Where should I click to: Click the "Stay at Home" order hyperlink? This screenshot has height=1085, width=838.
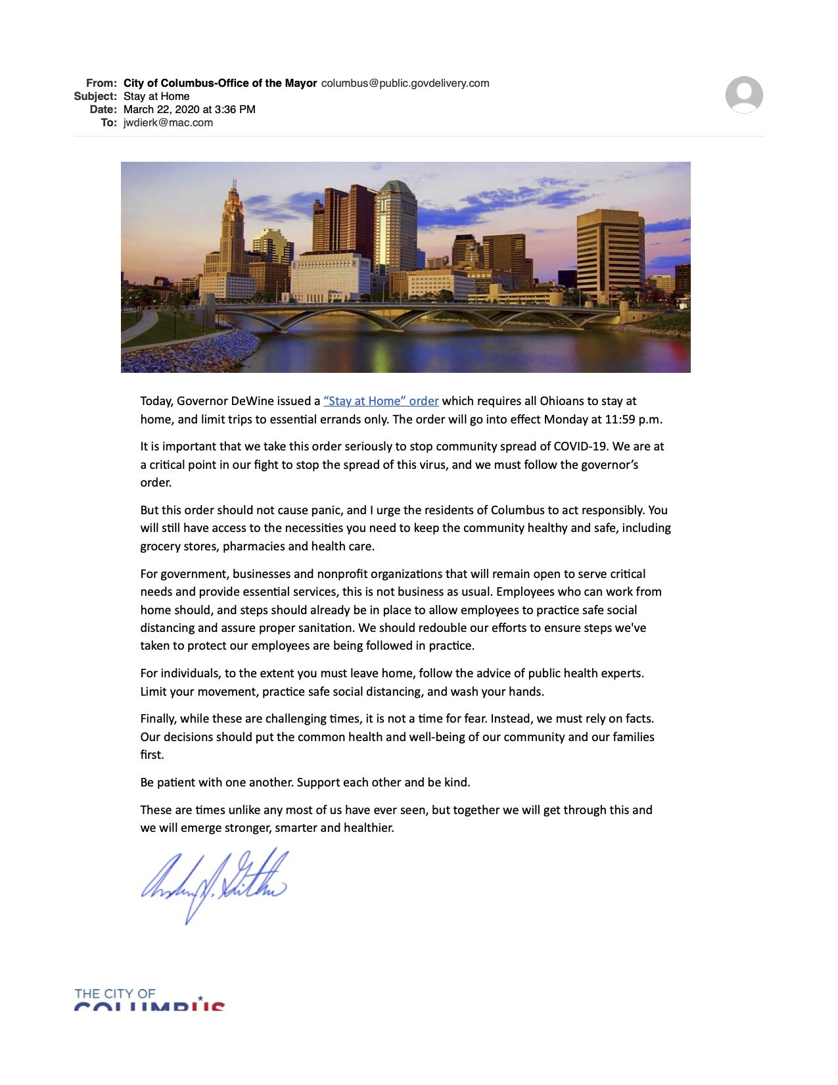[381, 401]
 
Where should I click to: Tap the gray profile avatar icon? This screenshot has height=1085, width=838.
[744, 95]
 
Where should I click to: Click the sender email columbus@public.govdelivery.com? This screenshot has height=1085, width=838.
[405, 83]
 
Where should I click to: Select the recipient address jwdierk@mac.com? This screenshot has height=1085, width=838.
[168, 122]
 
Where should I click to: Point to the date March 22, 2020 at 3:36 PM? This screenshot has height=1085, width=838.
[189, 109]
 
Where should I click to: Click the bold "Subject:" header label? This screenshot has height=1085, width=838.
[95, 96]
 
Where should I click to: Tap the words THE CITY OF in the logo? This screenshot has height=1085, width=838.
[115, 994]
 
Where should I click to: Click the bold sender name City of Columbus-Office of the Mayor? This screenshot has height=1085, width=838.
[220, 83]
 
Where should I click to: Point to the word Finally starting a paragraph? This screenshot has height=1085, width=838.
[158, 719]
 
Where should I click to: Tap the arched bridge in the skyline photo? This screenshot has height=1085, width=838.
[407, 314]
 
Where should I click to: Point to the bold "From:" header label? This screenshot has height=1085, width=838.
[101, 83]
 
